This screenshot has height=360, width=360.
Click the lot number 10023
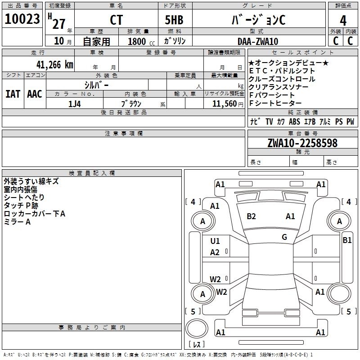[x=22, y=19]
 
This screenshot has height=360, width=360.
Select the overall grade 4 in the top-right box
[x=343, y=21]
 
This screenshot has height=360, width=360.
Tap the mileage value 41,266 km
[x=54, y=65]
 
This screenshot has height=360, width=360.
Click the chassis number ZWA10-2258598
[x=302, y=143]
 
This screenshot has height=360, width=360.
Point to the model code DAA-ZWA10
[x=257, y=41]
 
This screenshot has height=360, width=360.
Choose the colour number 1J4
[x=74, y=104]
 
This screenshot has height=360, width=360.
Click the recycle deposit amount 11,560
[x=225, y=104]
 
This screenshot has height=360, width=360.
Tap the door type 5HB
[x=174, y=20]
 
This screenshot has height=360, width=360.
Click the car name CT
[x=116, y=20]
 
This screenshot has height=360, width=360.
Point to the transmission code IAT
[x=13, y=94]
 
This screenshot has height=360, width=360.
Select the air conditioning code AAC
[x=35, y=94]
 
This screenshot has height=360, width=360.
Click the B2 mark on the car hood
[x=251, y=216]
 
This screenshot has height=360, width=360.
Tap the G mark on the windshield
[x=284, y=237]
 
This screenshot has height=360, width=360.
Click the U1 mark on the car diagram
[x=215, y=241]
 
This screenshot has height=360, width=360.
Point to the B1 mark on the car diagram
[x=347, y=240]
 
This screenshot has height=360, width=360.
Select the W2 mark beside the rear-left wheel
[x=221, y=292]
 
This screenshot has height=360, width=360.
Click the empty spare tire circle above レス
[x=197, y=328]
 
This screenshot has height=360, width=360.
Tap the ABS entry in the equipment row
[x=294, y=121]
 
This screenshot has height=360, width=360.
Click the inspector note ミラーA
[x=17, y=222]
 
